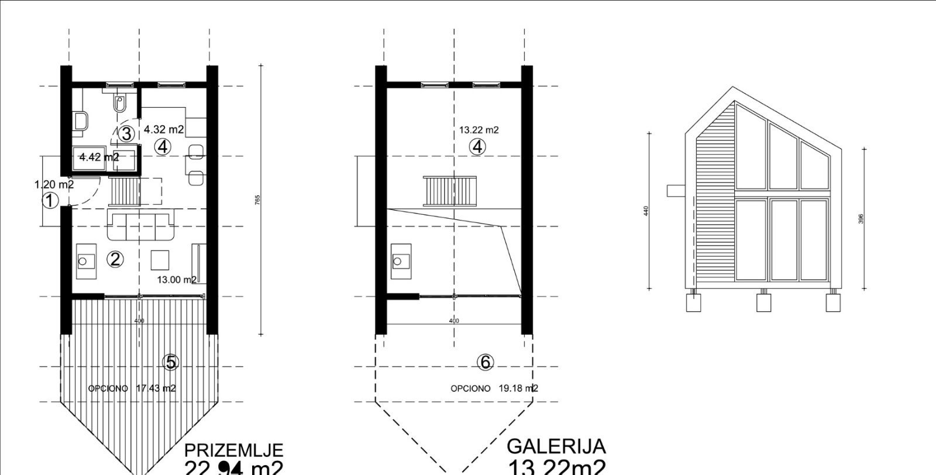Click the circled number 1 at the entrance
(51, 201)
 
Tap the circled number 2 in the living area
(115, 259)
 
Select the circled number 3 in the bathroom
(126, 133)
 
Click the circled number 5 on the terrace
(171, 363)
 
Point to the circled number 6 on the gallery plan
(485, 363)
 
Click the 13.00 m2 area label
(177, 280)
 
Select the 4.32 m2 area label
(164, 129)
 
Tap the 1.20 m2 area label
(54, 185)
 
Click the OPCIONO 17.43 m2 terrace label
(132, 388)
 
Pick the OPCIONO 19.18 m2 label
(494, 388)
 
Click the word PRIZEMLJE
(233, 450)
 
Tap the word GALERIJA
(556, 447)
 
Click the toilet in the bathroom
(120, 104)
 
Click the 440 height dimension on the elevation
(646, 211)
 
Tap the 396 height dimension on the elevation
(861, 218)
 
